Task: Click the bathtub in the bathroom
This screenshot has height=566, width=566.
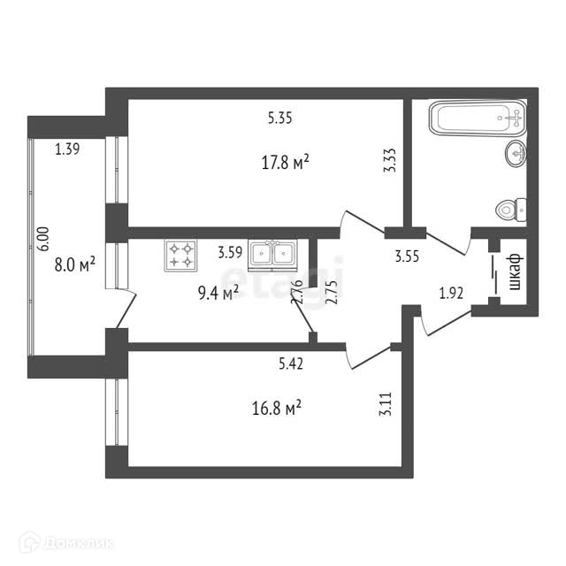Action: point(478,119)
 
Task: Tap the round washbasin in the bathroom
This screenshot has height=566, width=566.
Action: point(517,155)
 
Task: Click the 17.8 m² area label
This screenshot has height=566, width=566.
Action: point(285,163)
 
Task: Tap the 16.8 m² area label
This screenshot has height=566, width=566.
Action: point(278,407)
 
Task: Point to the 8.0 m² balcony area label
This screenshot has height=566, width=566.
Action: point(74,265)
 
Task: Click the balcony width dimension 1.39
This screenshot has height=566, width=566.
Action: point(67,149)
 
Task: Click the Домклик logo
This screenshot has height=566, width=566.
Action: point(66,542)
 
